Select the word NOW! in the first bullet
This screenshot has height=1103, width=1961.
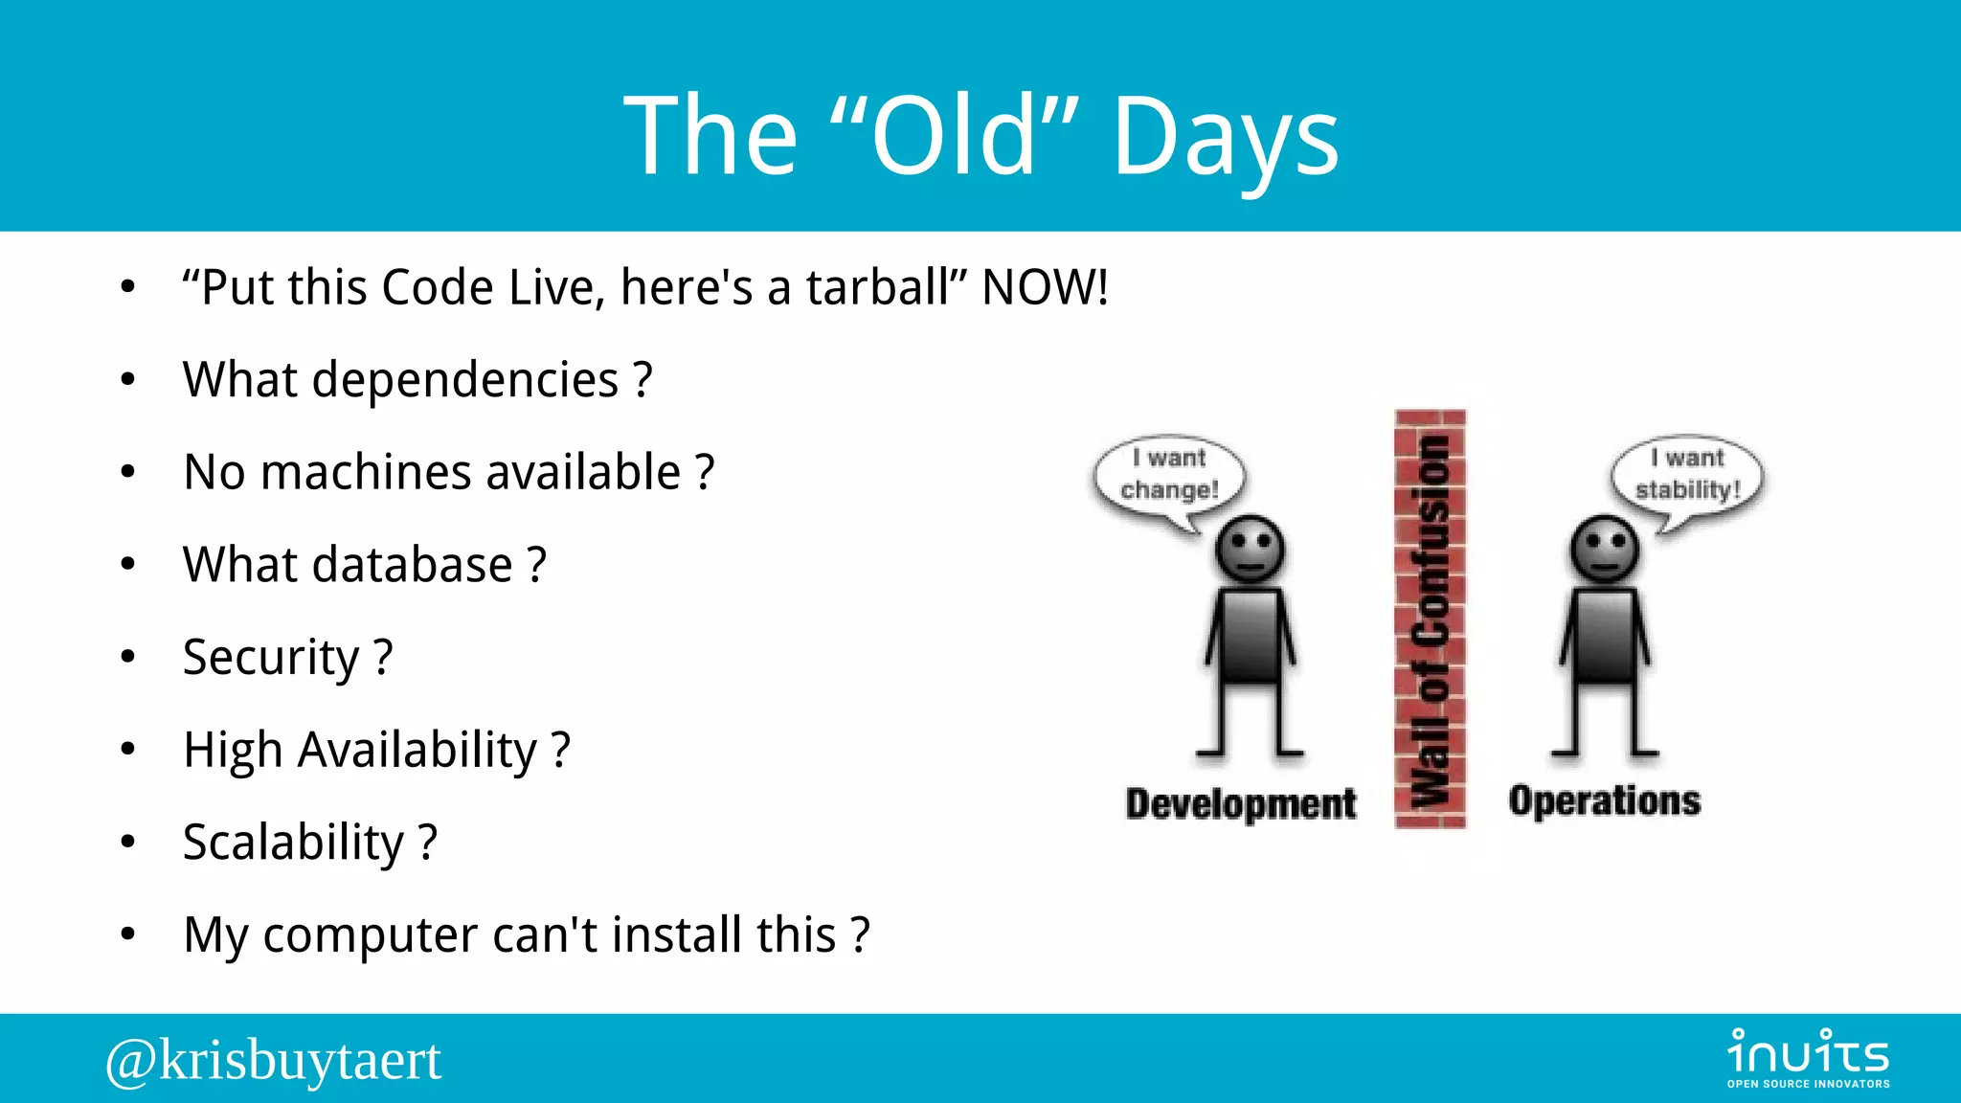click(1045, 287)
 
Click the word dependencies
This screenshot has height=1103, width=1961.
click(465, 380)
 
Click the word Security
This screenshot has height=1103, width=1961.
click(271, 658)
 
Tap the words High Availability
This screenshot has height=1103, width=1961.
click(360, 750)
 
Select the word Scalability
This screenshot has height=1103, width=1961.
click(293, 843)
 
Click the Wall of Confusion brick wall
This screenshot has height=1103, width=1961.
click(1431, 619)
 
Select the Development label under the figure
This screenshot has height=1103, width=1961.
click(1241, 803)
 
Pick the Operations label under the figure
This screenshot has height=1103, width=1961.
click(1605, 800)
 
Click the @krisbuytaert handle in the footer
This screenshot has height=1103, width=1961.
click(274, 1060)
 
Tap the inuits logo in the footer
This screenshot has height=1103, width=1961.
click(1808, 1057)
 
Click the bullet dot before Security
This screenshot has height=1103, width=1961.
click(128, 658)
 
